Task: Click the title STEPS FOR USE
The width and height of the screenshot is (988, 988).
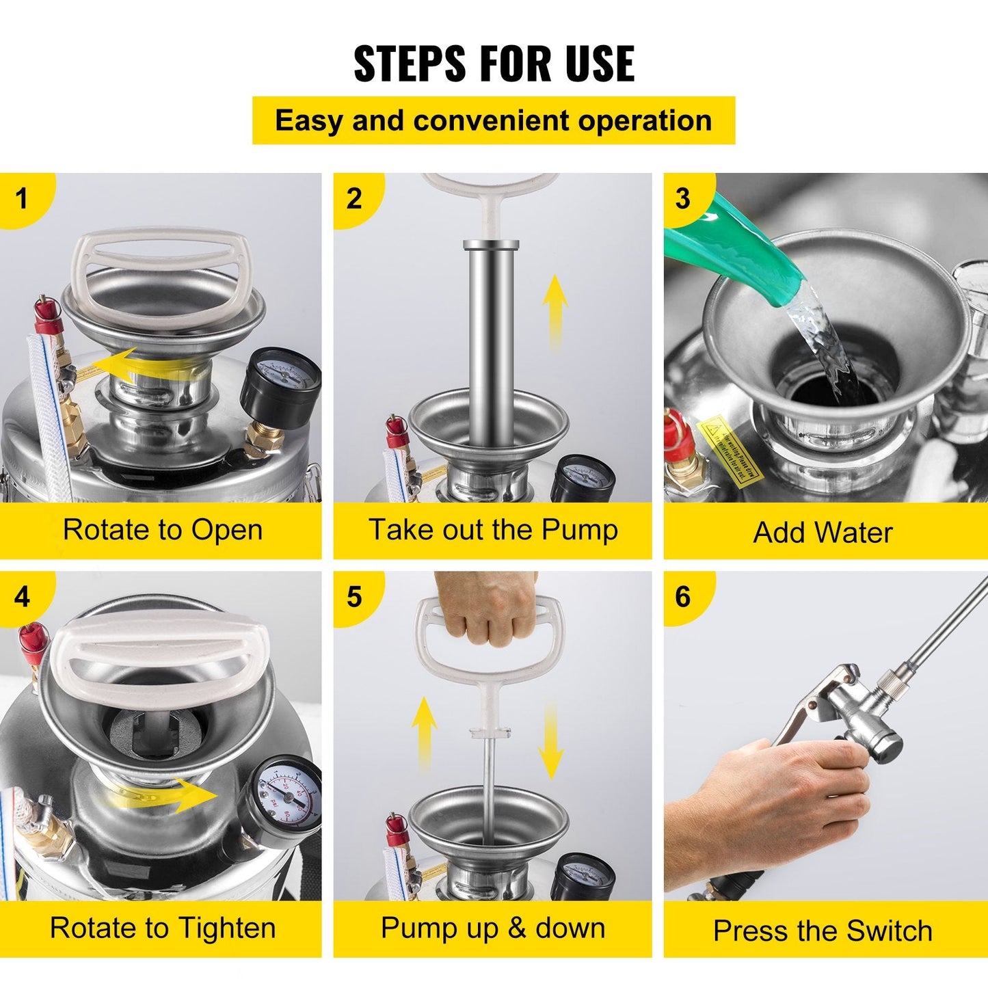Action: click(494, 64)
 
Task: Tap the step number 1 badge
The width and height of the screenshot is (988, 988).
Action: click(22, 198)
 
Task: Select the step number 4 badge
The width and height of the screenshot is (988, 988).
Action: click(22, 597)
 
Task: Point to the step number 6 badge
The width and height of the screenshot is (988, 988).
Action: click(683, 597)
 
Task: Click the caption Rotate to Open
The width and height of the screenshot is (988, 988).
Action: click(163, 530)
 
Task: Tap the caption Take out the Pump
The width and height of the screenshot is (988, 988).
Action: click(493, 530)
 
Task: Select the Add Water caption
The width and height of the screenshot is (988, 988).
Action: click(823, 533)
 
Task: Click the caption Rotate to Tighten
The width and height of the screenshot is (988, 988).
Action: click(163, 929)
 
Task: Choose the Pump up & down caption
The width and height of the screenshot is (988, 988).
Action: click(493, 929)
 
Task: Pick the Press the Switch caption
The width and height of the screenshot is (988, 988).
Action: click(823, 931)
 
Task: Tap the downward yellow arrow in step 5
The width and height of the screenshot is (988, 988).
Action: click(550, 742)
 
